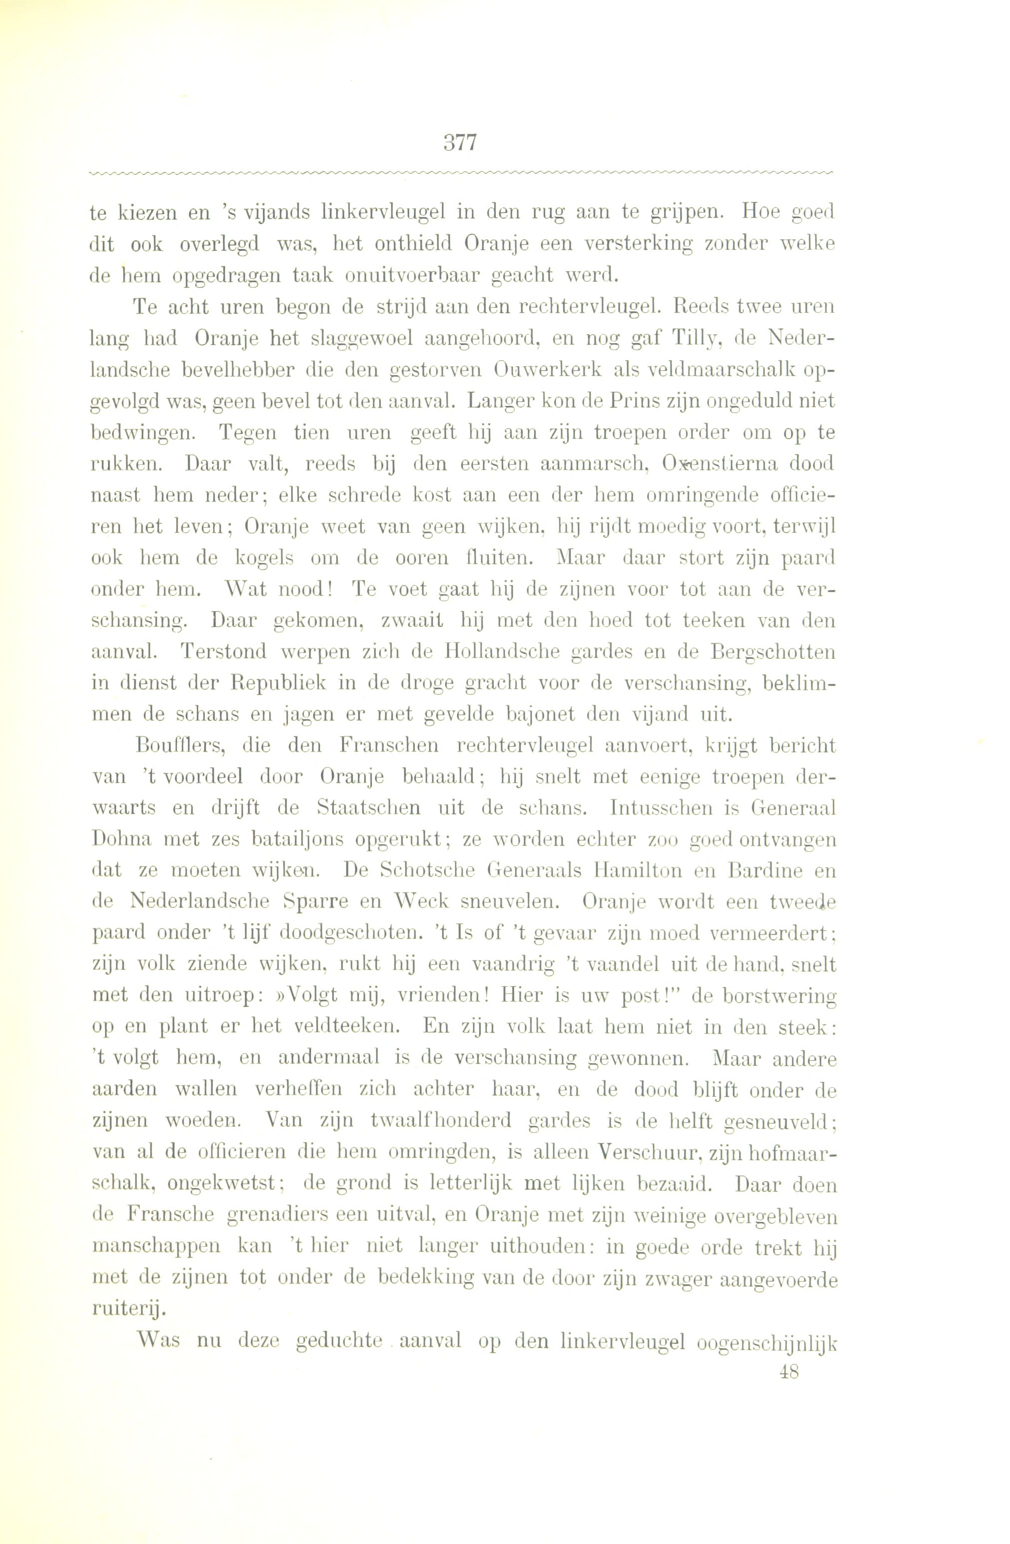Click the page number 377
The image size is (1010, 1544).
coord(460,142)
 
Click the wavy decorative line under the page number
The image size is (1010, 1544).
coord(460,172)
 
